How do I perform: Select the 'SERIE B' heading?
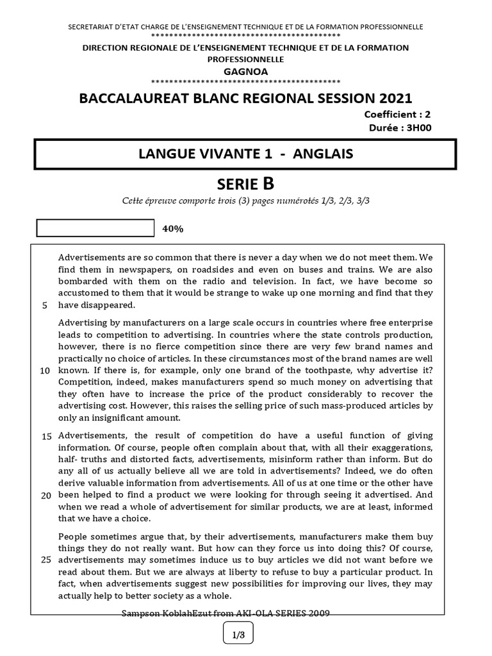[245, 184]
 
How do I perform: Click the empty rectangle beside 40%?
[95, 228]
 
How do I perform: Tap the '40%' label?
[173, 229]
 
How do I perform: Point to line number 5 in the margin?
[44, 305]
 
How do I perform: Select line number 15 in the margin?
[46, 436]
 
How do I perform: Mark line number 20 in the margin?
[46, 495]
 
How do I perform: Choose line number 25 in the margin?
[46, 560]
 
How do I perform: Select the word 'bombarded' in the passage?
[84, 281]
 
